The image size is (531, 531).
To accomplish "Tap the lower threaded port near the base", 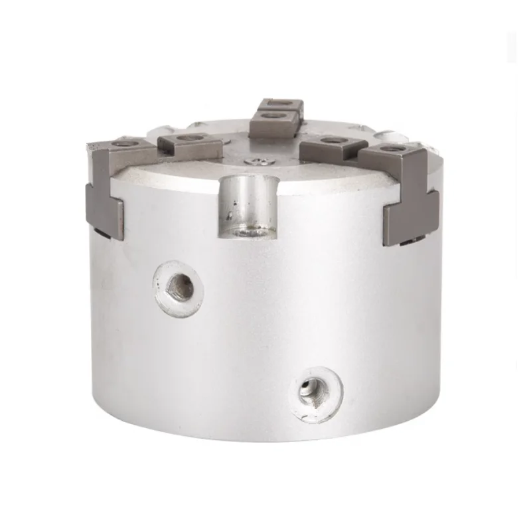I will [x=311, y=386].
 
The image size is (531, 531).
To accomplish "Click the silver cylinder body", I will [x=265, y=332].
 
